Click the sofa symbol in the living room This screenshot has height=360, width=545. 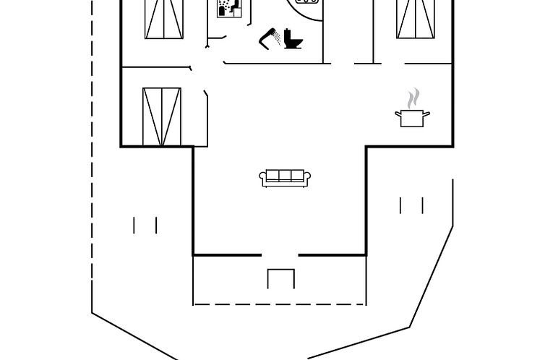click(285, 178)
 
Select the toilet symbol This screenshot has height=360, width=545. click(293, 38)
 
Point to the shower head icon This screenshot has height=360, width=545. click(270, 38)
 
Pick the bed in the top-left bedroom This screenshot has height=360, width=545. click(164, 19)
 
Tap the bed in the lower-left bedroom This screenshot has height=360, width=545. click(161, 116)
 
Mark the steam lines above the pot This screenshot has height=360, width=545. click(413, 98)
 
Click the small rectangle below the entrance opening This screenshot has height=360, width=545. click(281, 279)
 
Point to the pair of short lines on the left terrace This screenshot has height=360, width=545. click(145, 226)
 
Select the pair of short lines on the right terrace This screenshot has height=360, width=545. click(411, 205)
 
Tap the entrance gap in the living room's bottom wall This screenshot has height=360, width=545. click(280, 254)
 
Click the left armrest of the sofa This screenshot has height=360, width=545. click(263, 178)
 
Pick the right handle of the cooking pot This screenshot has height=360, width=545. click(426, 113)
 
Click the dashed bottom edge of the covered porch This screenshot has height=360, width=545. click(280, 304)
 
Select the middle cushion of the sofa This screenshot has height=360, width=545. click(285, 176)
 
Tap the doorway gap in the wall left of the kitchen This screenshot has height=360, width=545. click(343, 64)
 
